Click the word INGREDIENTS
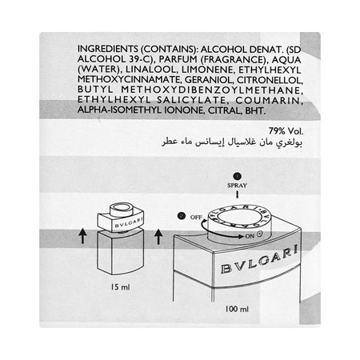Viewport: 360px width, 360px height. click(108, 49)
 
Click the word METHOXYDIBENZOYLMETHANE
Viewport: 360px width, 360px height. click(212, 90)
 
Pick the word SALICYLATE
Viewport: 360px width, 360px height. click(193, 101)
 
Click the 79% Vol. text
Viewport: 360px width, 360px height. click(286, 131)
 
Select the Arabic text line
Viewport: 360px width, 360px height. click(232, 142)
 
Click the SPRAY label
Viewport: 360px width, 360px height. click(237, 185)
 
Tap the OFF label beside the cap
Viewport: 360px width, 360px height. click(196, 218)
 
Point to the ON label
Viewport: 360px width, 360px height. click(250, 236)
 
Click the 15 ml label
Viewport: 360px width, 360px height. click(121, 287)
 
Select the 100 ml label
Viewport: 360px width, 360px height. click(237, 309)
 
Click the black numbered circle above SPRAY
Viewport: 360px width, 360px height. click(237, 176)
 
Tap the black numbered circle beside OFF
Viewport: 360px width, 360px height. click(182, 216)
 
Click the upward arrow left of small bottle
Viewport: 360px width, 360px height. click(82, 236)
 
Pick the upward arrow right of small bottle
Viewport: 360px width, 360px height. click(158, 237)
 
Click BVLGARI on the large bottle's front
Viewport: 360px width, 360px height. click(259, 260)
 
